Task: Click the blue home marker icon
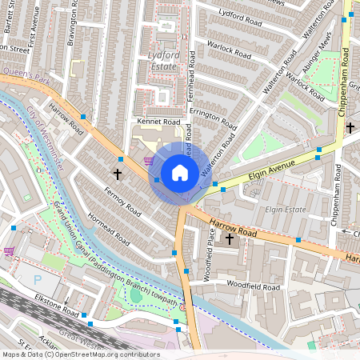180,172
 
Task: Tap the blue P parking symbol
38,279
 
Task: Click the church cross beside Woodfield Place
230,238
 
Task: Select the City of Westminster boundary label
46,135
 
